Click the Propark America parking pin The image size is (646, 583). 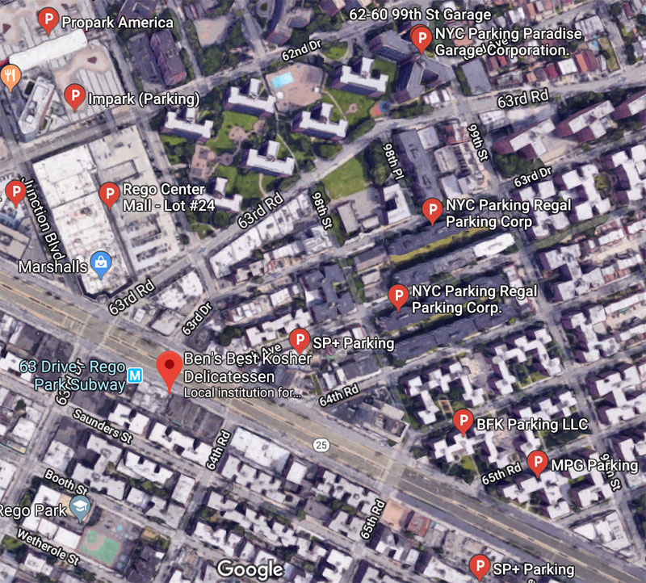point(48,19)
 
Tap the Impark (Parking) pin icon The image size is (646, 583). point(74,97)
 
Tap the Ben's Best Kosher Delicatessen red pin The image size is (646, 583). point(169,368)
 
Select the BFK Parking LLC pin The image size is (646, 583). point(462,421)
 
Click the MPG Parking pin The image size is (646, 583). point(537,463)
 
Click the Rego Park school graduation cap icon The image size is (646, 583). point(79,507)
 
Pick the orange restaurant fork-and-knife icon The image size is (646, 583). point(10,76)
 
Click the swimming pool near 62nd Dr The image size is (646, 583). point(282,80)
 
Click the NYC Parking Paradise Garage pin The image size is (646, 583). point(420,37)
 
